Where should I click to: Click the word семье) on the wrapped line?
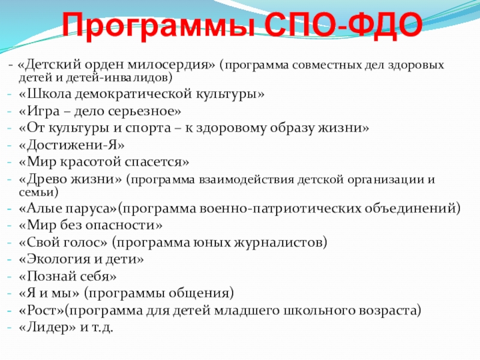[38, 193]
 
